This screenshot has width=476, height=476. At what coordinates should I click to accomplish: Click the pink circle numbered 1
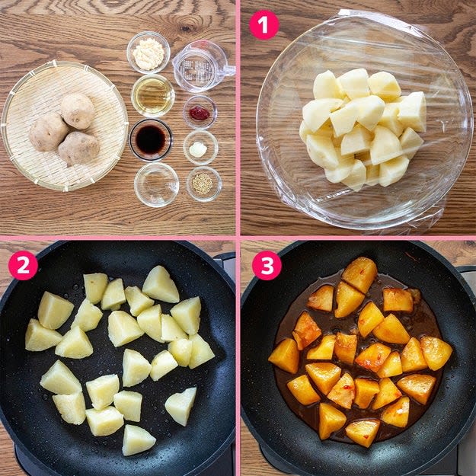[264, 25]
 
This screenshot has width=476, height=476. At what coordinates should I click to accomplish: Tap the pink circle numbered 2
[23, 265]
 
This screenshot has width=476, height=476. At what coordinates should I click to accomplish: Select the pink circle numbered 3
[267, 265]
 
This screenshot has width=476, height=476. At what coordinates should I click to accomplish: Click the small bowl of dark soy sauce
[151, 139]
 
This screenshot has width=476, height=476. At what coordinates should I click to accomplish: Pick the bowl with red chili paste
[200, 112]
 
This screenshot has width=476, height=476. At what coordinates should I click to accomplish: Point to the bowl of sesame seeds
[203, 184]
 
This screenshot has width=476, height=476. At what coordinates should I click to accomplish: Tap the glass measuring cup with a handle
[202, 66]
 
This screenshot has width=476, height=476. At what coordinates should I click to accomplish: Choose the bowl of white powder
[149, 53]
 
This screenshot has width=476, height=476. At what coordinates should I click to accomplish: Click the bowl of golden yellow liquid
[153, 96]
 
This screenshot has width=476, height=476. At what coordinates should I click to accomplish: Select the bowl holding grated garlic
[200, 148]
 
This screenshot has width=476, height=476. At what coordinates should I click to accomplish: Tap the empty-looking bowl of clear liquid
[157, 184]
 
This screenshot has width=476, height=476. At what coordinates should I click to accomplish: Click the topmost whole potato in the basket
[78, 110]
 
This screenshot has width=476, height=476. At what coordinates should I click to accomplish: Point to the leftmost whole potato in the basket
[48, 133]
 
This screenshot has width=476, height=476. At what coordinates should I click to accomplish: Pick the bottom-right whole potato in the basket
[78, 149]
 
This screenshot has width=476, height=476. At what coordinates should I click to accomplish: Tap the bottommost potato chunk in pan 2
[138, 440]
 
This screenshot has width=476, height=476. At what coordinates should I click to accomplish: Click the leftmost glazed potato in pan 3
[284, 356]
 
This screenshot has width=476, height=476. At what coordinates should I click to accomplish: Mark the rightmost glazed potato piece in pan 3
[436, 353]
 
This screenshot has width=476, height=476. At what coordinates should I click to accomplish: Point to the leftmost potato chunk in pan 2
[42, 335]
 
